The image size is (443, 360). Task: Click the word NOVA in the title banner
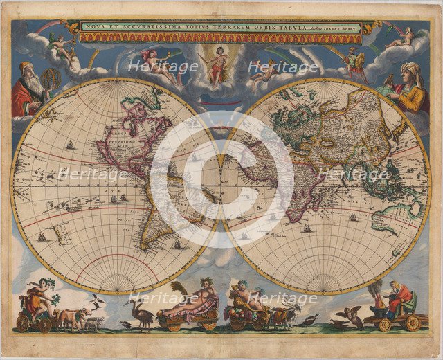(x=93, y=27)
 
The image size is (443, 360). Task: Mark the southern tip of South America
(x=152, y=249)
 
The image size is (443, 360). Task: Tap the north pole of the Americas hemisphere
(x=115, y=78)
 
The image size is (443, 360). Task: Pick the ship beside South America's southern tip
(x=178, y=244)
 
